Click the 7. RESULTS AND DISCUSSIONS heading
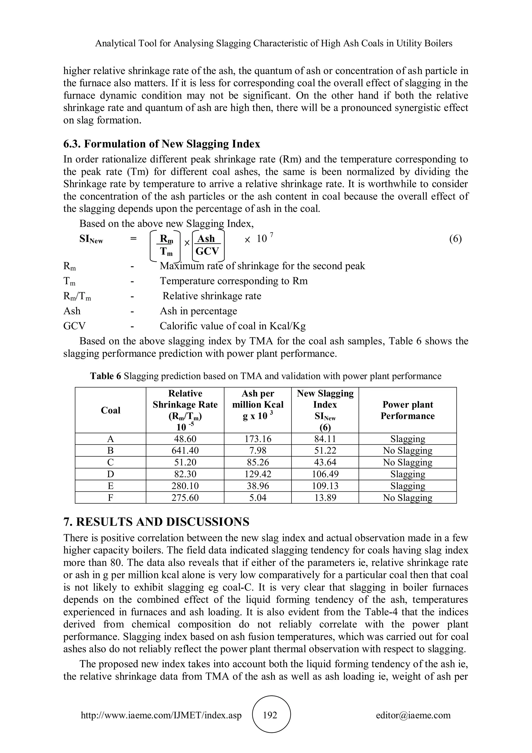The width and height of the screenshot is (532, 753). point(156,522)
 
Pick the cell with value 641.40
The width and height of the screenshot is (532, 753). point(185,451)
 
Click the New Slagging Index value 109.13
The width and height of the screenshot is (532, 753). point(325,486)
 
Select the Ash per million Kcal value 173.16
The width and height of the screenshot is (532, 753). point(258,439)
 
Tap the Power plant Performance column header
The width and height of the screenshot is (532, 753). point(408,410)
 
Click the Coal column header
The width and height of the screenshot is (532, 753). point(111,410)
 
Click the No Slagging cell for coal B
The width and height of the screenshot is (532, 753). point(408,451)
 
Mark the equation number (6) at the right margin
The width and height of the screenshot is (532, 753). point(455,239)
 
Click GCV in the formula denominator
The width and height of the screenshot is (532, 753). point(207,251)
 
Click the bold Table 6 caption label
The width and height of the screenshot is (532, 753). point(105,376)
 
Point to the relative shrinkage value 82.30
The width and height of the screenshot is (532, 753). point(185,474)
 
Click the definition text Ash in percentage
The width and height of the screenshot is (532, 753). point(198,311)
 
